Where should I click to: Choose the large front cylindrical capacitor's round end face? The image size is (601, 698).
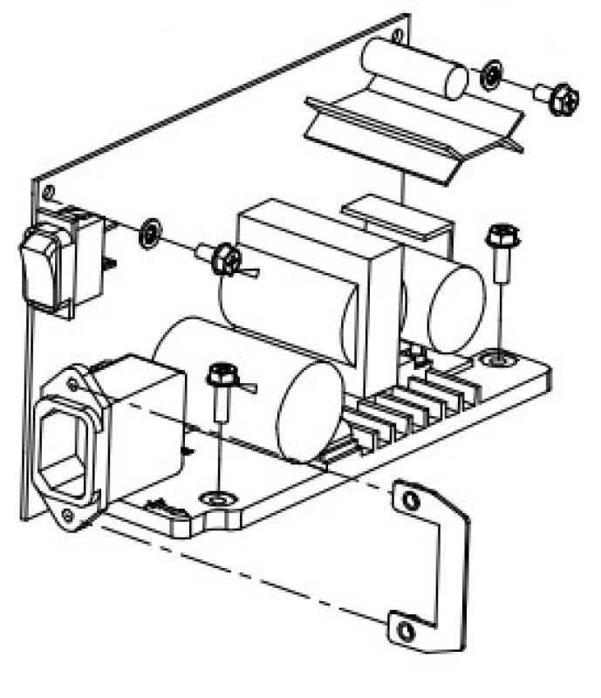click(308, 411)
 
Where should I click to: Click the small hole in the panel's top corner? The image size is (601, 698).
click(398, 36)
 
